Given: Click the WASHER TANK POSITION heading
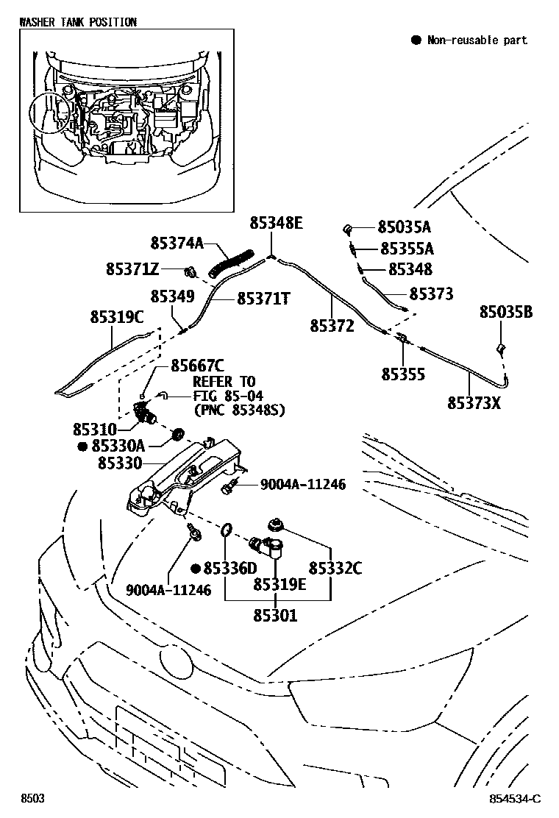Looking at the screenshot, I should (78, 22).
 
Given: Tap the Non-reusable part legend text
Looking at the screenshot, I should (477, 40).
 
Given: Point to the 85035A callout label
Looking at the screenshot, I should (405, 227).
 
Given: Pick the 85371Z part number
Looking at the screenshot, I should (132, 270).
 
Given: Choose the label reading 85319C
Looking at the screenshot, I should (117, 318).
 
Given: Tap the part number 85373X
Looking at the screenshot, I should (474, 402).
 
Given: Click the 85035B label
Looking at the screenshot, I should (506, 312).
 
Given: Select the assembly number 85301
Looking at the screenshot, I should (276, 616).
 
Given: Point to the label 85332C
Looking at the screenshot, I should (335, 568).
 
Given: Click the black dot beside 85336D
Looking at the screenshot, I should (195, 569).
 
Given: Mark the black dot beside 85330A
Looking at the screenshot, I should (83, 446).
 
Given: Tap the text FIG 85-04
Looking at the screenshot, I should (225, 396).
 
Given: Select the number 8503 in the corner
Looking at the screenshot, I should (32, 799).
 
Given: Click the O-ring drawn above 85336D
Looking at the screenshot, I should (228, 528).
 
